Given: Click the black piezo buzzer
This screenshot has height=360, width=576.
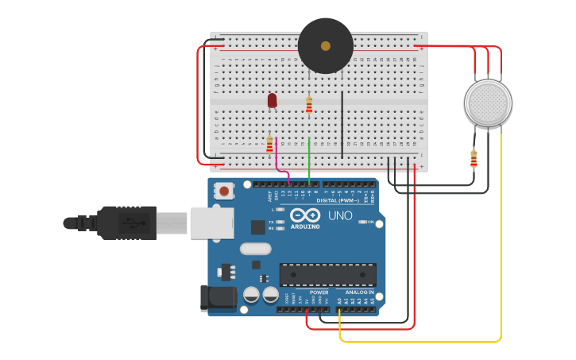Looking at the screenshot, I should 325,46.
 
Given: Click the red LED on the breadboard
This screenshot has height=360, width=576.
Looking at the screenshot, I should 272,100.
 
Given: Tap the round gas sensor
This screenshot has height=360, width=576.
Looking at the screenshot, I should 487,103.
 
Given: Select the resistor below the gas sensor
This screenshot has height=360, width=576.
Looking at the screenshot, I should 474,159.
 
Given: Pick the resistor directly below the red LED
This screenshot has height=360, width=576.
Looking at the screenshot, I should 269,144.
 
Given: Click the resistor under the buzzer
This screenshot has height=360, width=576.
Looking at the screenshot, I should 309,106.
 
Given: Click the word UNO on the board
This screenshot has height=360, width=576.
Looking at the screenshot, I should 340,215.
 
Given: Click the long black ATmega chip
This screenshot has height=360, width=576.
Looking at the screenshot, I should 327,275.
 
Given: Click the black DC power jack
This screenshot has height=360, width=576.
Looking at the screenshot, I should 218,298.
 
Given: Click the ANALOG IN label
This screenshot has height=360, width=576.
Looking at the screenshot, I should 359,292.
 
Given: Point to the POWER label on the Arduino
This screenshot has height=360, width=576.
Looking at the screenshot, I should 319,292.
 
